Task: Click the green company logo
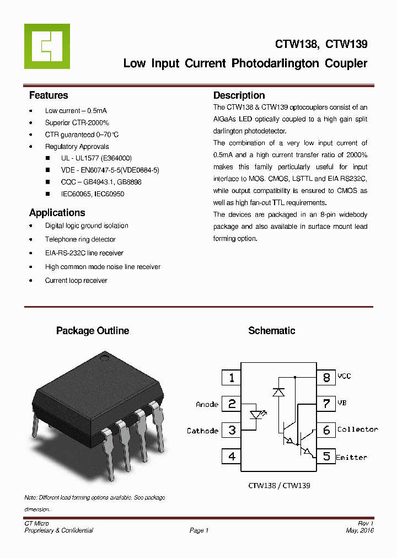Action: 47,46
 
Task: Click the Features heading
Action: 49,95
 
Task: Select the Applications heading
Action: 57,213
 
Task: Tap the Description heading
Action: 239,95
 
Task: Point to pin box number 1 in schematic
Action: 232,378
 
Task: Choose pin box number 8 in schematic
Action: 326,378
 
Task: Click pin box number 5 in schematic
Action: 326,457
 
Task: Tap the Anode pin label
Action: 207,404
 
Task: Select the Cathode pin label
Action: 202,431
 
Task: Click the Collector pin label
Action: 357,430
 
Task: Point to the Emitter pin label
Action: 351,457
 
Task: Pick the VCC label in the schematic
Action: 344,376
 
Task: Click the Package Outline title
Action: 93,331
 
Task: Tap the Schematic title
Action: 271,331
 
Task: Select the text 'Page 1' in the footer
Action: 198,530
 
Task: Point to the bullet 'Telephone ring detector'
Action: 80,239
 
